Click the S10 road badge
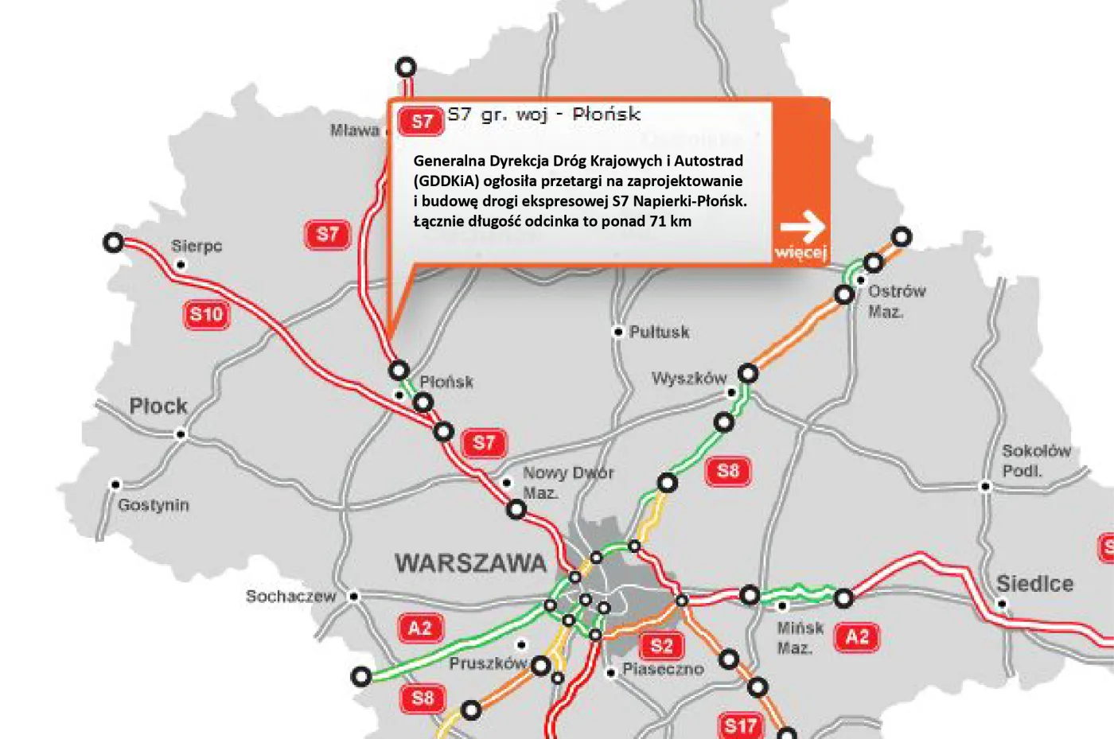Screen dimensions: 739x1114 point(207,314)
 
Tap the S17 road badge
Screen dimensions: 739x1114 point(740,725)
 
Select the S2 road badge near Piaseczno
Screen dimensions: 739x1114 point(661,645)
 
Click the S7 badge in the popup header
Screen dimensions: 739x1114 point(421,121)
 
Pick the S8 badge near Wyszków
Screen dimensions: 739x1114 point(728,471)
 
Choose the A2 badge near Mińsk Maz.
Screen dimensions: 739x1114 point(857,637)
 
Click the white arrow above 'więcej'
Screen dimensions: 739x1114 point(802,226)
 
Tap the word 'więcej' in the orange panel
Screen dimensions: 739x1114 point(800,252)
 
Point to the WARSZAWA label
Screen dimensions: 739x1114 point(471,563)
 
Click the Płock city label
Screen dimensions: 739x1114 point(158,406)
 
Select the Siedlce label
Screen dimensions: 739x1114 point(1034,584)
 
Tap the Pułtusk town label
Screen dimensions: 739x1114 point(659,332)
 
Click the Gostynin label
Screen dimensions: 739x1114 point(154,505)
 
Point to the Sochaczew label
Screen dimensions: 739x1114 point(290,596)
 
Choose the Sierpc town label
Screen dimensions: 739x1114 point(197,246)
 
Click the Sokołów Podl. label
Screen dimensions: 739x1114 point(1036,461)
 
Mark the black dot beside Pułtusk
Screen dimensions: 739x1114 point(617,332)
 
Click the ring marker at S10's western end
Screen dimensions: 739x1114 point(114,242)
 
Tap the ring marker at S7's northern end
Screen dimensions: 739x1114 point(406,67)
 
